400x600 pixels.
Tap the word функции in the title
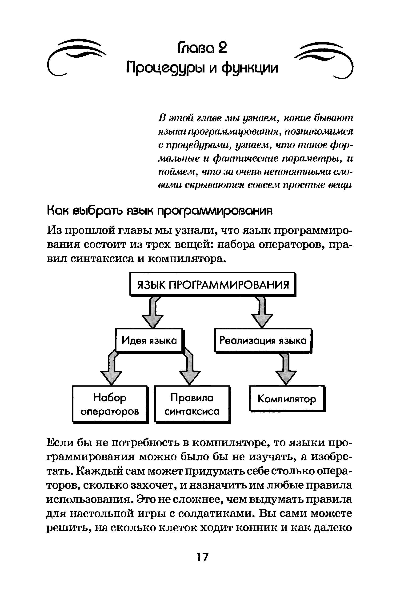point(249,68)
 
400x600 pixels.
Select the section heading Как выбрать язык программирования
point(160,211)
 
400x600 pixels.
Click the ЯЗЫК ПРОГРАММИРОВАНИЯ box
point(213,284)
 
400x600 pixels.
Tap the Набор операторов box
point(110,404)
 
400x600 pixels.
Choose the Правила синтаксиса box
point(192,404)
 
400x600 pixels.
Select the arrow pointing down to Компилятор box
point(286,370)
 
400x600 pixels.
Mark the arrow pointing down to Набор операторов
point(112,370)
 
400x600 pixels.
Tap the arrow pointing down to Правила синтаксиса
point(190,370)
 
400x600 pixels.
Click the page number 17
point(203,557)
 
